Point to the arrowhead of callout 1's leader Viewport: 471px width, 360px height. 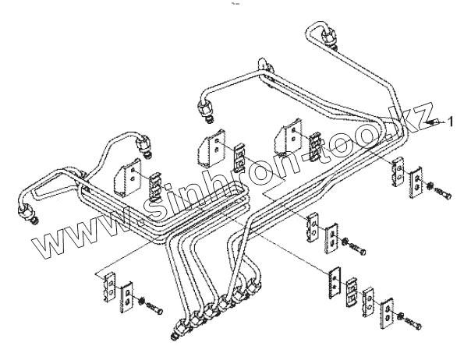(430, 122)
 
